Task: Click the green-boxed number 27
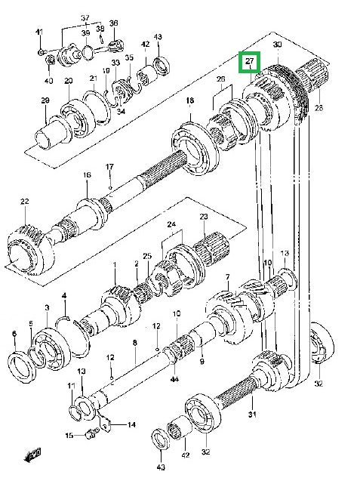(x=250, y=61)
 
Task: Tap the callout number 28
(x=319, y=108)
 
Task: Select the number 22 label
(x=25, y=202)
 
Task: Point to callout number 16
(x=87, y=174)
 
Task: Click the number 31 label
(x=252, y=415)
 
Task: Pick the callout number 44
(x=174, y=379)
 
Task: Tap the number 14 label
(x=132, y=425)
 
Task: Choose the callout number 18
(x=190, y=100)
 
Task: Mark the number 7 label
(x=228, y=277)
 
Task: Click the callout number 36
(x=114, y=23)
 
